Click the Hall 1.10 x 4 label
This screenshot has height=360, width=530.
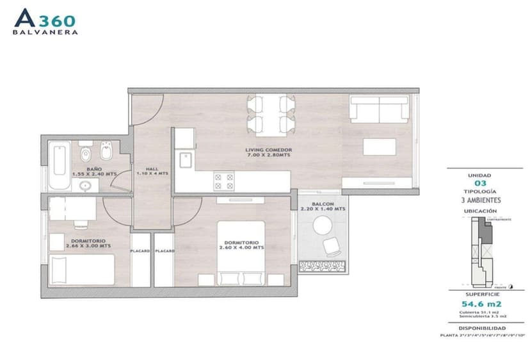[x=152, y=171]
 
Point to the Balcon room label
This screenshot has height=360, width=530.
[x=323, y=206]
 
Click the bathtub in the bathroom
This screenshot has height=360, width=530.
[x=58, y=167]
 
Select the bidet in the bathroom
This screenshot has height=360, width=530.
[x=106, y=154]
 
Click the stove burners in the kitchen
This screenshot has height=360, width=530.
[x=224, y=181]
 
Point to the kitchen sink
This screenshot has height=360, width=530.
[x=186, y=160]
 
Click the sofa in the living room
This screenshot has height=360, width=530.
[x=378, y=110]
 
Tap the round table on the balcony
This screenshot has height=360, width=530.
[x=322, y=225]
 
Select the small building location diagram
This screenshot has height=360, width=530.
[x=483, y=251]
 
